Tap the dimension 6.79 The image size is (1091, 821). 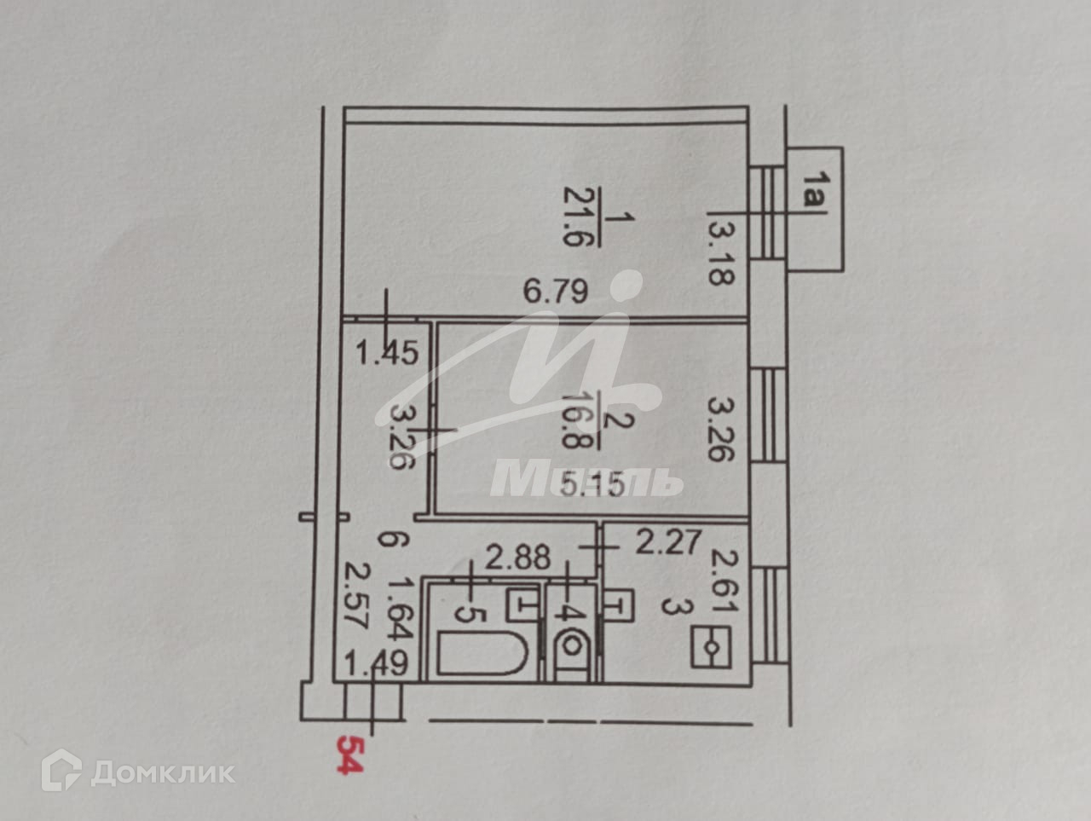(x=556, y=293)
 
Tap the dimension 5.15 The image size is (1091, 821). (x=594, y=485)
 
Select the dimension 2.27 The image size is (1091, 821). (x=671, y=541)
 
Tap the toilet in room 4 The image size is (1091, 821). (x=570, y=650)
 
